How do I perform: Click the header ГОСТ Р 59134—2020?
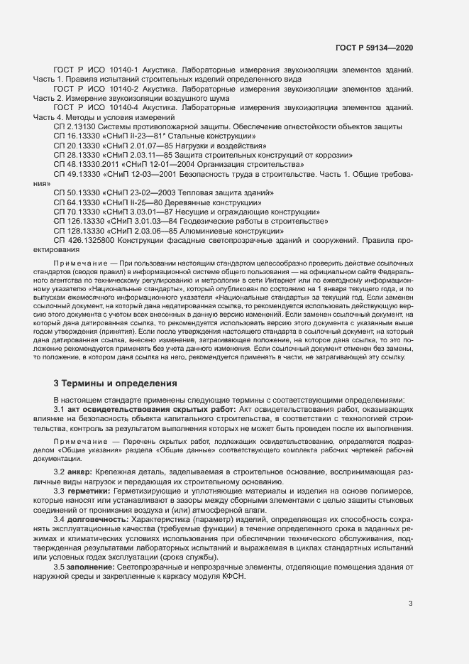point(374,48)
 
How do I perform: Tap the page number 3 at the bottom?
point(411,604)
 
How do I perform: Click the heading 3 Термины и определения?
point(116,383)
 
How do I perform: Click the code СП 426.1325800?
point(84,240)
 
